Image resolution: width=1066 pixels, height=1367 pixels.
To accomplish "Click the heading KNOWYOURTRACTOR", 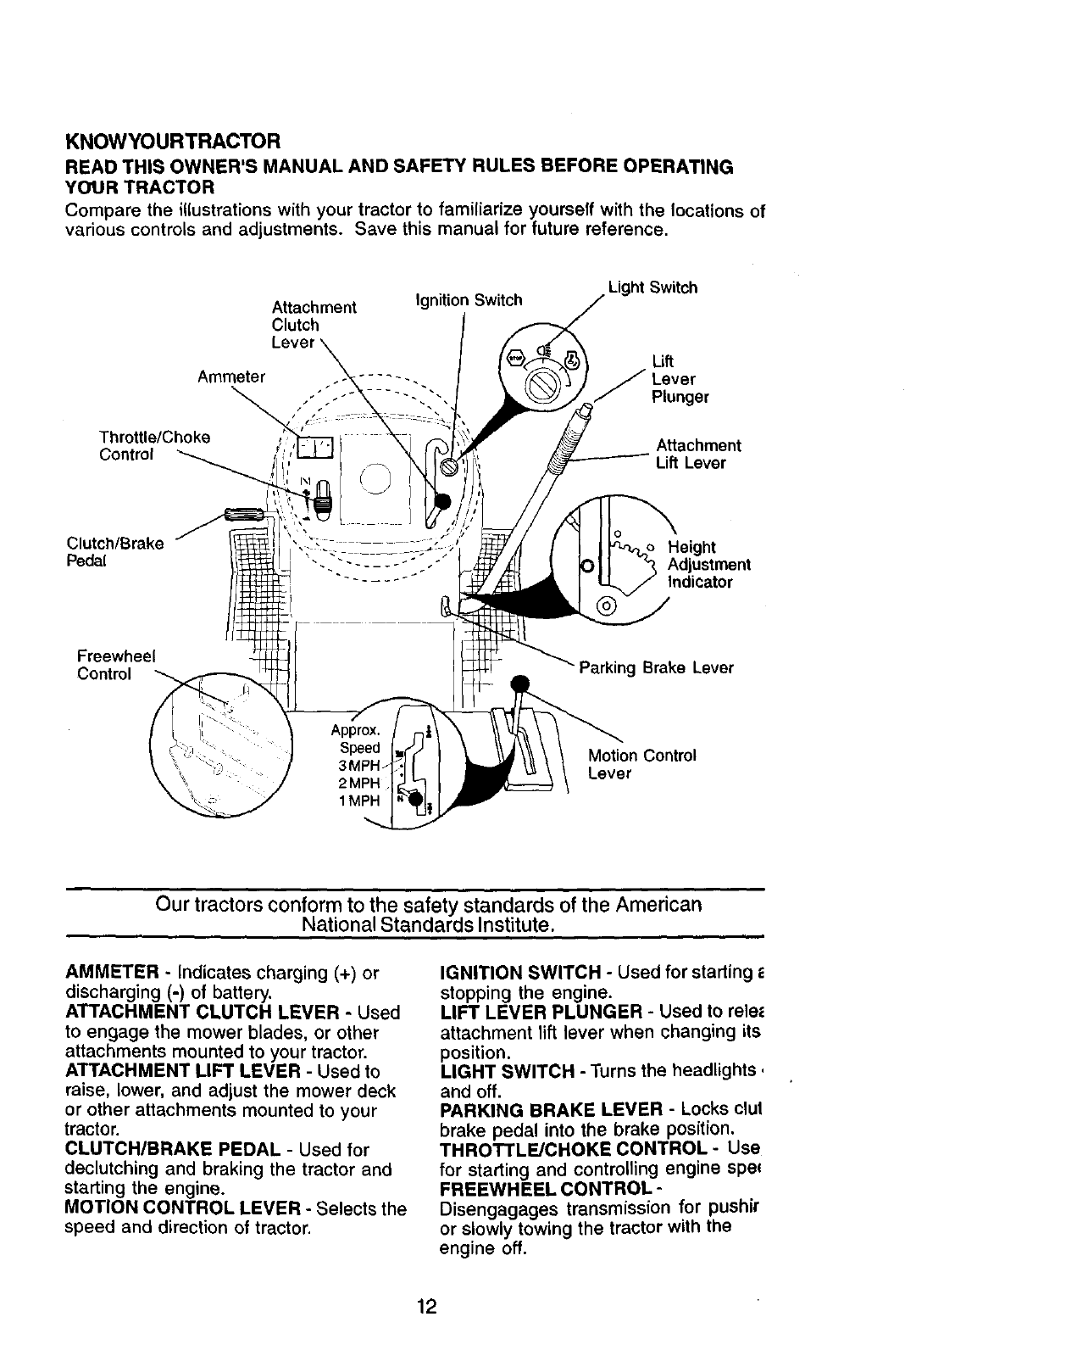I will pos(173,139).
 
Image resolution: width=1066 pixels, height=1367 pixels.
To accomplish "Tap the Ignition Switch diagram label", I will pos(468,300).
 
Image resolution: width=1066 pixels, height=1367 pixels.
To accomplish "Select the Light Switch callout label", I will pos(652,287).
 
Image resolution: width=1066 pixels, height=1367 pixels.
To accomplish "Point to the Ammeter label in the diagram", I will pos(231,377).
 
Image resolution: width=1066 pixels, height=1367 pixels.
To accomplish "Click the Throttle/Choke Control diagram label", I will pos(154,446).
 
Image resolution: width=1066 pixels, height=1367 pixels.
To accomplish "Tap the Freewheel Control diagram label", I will pos(111,665).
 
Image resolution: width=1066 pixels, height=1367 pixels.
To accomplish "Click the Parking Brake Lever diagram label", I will pos(656,667).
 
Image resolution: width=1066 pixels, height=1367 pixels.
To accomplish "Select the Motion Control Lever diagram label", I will pos(641,764).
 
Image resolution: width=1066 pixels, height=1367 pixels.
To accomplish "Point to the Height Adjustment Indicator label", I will pos(708,564).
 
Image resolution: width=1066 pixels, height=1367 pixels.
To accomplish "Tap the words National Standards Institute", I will pos(428,923).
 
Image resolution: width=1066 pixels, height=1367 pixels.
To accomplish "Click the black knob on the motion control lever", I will pos(519,684).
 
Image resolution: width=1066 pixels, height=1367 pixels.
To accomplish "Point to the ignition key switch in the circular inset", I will pos(541,386).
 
